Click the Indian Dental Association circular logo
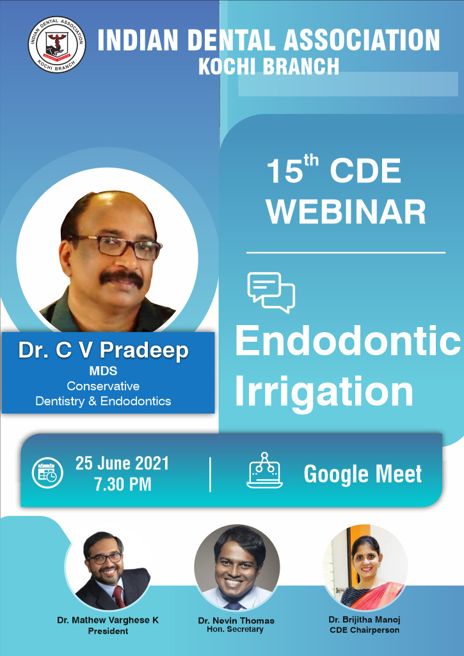coord(57,44)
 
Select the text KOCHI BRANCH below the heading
coord(269,66)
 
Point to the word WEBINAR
coord(346,212)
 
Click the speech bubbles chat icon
coord(271,292)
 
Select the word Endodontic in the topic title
coord(348,341)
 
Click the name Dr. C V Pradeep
coord(104,351)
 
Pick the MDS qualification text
coord(103,371)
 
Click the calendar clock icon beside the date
coord(48,473)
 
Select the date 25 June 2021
coord(122,463)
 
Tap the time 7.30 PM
coord(123,484)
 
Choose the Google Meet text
coord(363,474)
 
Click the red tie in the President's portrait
coord(119,596)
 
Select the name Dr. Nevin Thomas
coord(236,620)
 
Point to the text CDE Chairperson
coord(364,630)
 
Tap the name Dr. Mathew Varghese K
coord(108,620)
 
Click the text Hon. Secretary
coord(235,629)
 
